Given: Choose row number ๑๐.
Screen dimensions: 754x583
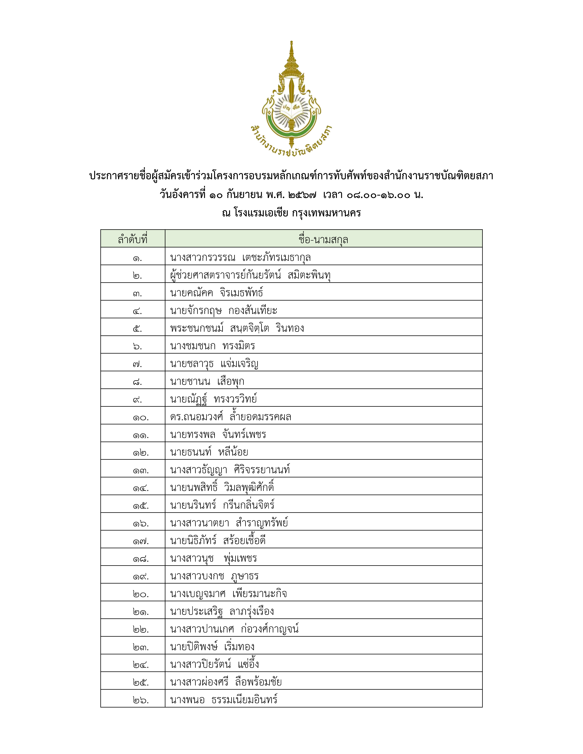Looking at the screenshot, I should coord(141,417).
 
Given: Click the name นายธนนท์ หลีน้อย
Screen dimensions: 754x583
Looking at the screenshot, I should coord(209,452).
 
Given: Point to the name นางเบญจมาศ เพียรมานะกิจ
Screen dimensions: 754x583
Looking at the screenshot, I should coord(228,594).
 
